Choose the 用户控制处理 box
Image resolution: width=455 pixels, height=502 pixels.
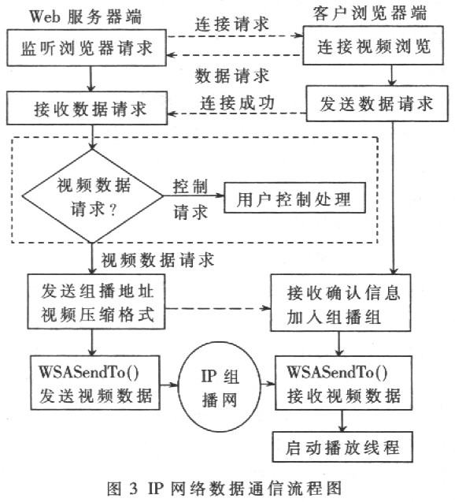pyautogui.click(x=296, y=199)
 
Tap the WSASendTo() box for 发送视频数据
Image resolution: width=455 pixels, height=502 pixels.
pyautogui.click(x=92, y=382)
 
